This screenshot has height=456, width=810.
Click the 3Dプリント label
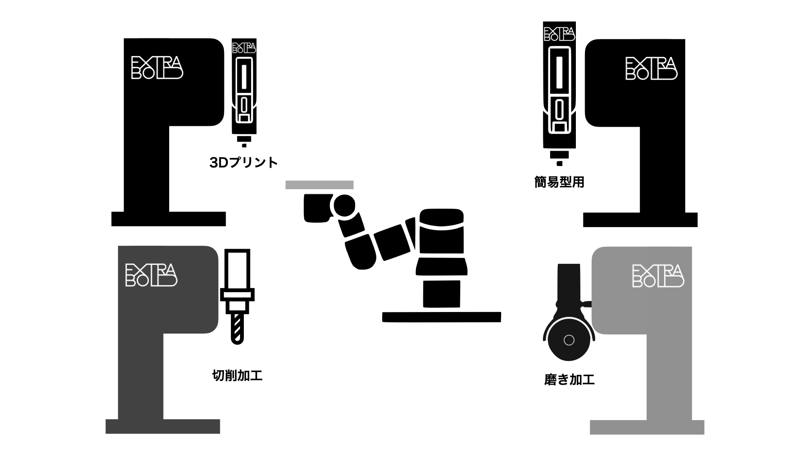243,163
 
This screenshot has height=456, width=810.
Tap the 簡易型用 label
559,182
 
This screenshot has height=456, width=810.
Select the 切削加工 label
237,375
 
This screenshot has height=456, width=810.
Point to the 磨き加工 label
570,380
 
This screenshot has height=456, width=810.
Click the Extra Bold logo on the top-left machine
157,68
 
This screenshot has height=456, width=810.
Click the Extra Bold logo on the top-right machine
651,69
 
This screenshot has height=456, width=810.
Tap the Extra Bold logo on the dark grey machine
151,275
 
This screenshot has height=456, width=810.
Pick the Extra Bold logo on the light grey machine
658,276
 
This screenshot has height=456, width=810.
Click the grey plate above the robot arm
319,185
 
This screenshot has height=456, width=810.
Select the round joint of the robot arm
344,206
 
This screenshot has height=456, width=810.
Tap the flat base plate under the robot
441,317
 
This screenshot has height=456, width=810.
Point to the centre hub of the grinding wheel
569,340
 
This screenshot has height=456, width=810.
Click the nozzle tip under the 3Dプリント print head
244,145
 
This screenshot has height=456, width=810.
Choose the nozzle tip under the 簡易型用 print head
559,163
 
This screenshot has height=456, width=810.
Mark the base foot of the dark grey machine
162,426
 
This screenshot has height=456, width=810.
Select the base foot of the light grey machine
647,427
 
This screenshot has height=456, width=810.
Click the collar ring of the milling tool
238,295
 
